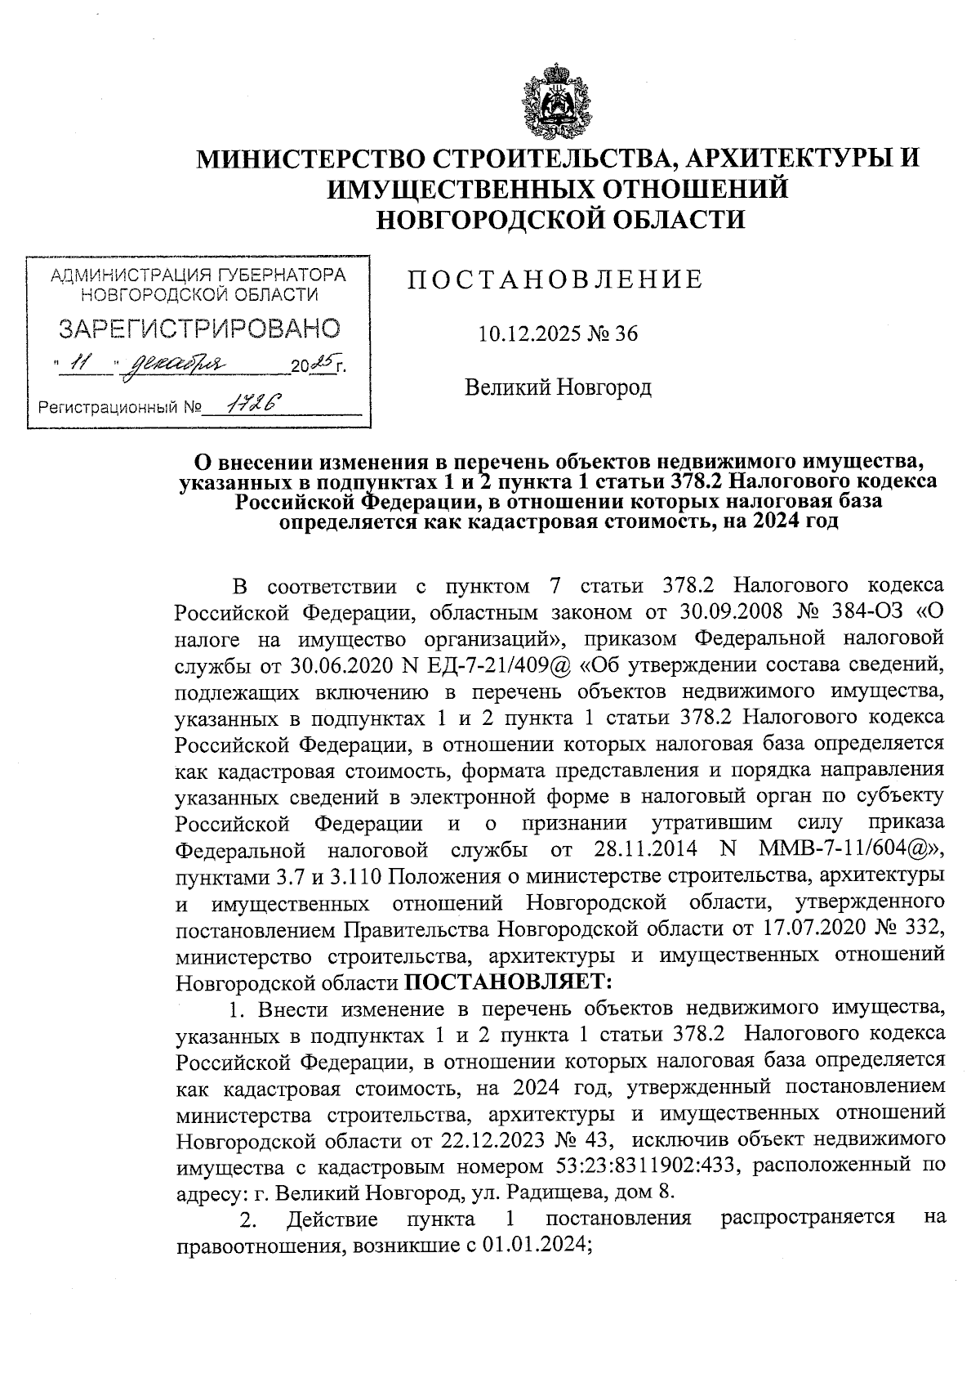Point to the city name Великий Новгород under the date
pyautogui.click(x=558, y=387)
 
